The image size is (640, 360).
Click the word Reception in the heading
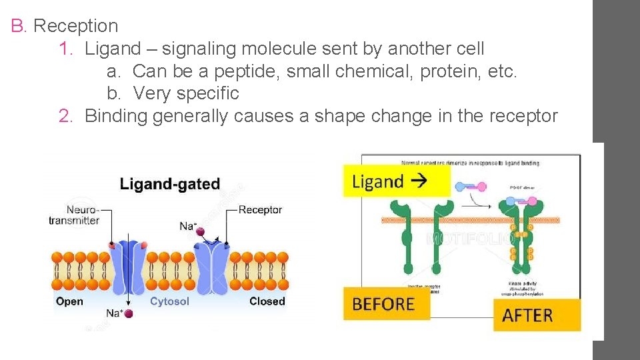(75, 26)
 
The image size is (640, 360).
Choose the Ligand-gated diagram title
(169, 184)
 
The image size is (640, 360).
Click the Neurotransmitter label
(74, 215)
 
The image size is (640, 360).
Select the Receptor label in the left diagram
(260, 210)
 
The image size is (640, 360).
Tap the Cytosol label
(169, 301)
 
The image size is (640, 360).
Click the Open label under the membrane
(69, 301)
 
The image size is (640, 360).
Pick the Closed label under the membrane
(267, 301)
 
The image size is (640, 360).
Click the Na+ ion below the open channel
(128, 313)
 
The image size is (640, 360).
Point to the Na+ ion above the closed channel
(199, 231)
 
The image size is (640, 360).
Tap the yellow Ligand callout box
(396, 181)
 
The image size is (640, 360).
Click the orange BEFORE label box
(385, 304)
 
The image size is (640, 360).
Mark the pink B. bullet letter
(17, 26)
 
